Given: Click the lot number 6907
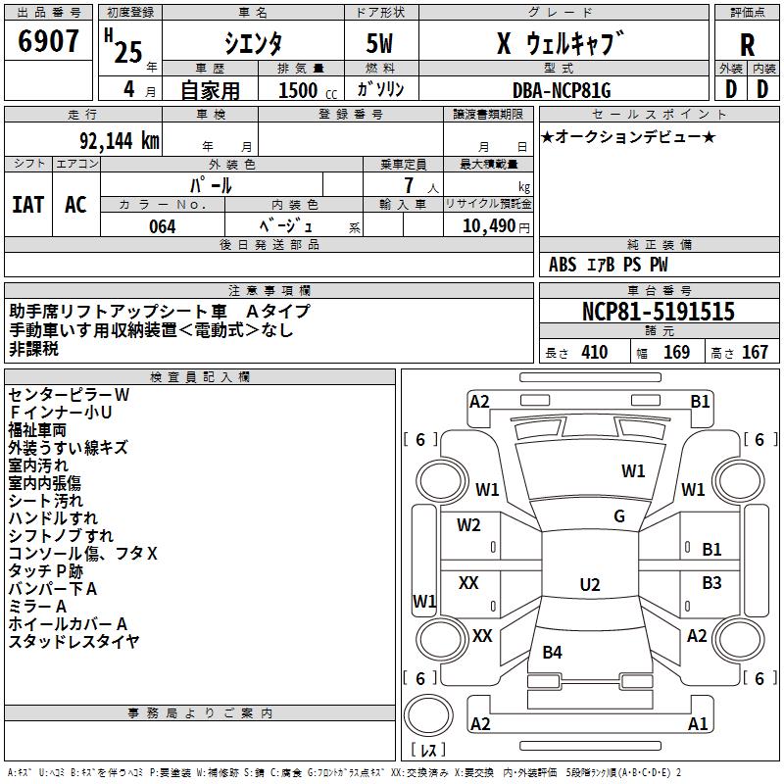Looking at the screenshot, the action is (x=48, y=41).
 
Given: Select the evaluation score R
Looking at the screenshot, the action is (x=747, y=45).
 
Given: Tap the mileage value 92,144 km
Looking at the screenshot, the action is (x=120, y=141).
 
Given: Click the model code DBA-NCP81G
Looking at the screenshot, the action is (x=562, y=90).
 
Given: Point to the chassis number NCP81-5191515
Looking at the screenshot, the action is (x=659, y=311).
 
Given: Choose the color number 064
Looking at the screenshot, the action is (x=163, y=226).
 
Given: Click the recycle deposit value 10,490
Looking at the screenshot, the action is (x=489, y=226).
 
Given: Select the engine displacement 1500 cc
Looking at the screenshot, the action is (x=308, y=90).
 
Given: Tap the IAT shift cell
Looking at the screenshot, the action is (x=28, y=205).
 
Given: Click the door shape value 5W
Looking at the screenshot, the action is (x=379, y=43).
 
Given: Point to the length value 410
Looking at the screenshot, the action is (x=595, y=353).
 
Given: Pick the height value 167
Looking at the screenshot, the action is (x=755, y=353).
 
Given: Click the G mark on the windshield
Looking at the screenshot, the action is (x=619, y=516).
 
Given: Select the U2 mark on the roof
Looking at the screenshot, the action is (x=590, y=584).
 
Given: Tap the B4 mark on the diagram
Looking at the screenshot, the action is (x=552, y=652).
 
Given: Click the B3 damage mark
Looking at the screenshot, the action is (x=711, y=582).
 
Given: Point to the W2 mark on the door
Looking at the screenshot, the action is (x=468, y=525).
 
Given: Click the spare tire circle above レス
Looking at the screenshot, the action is (x=428, y=714).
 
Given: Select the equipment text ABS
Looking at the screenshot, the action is (x=563, y=265).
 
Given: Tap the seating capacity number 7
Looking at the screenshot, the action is (x=409, y=185).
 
